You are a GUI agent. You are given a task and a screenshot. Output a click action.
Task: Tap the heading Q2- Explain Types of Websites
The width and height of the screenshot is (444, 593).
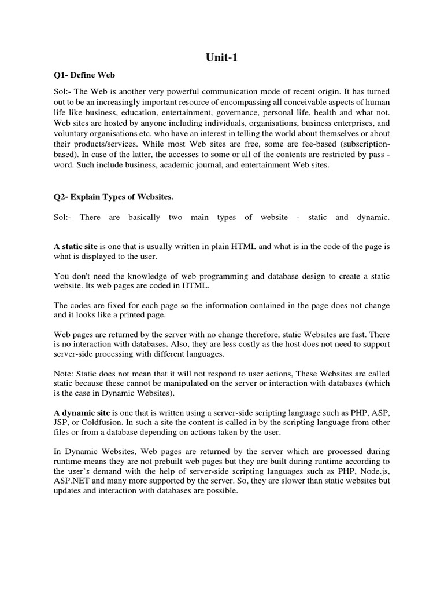(113, 197)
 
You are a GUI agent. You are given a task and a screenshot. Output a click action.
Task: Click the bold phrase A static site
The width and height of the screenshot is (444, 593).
(76, 247)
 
